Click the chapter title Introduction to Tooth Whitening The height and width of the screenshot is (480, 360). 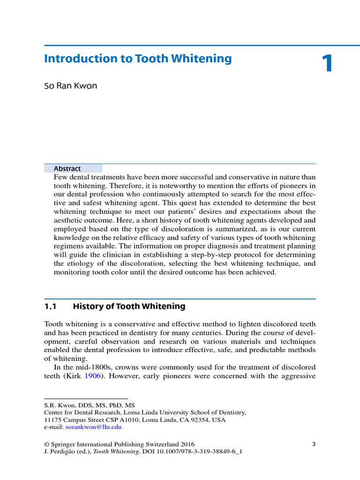click(x=138, y=59)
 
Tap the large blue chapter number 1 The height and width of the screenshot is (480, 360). click(x=327, y=64)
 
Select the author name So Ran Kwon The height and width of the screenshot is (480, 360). click(x=70, y=86)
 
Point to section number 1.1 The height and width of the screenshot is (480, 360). click(x=50, y=307)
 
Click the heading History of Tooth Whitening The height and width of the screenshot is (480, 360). click(x=129, y=307)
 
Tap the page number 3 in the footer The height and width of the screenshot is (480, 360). click(x=314, y=443)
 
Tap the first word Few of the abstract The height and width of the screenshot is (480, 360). click(x=60, y=177)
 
